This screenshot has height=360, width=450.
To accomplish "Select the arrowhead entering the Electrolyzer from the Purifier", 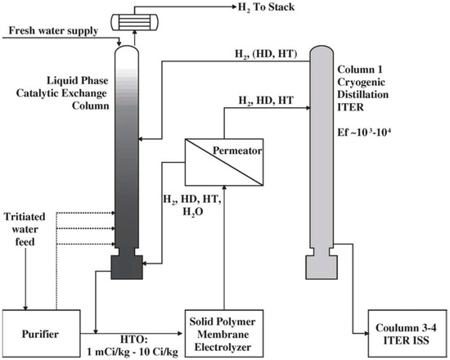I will pos(177,332).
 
